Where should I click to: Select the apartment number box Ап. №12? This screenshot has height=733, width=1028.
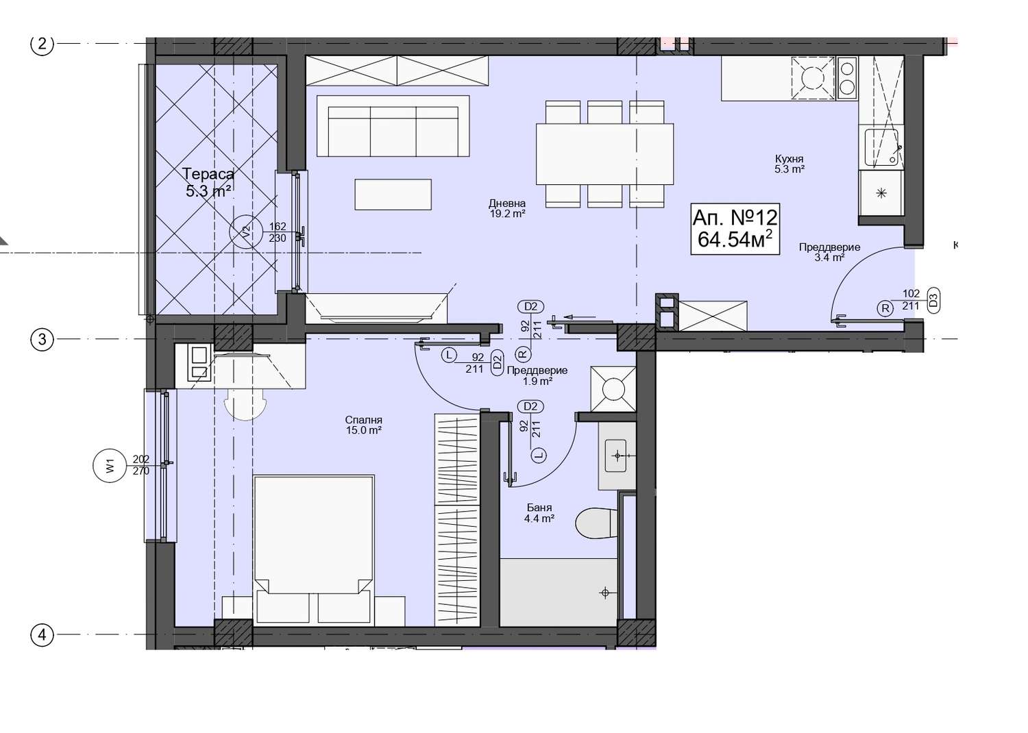[x=735, y=229]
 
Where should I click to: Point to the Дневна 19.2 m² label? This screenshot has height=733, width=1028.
[x=507, y=208]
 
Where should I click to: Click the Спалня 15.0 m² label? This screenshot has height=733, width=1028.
[x=363, y=425]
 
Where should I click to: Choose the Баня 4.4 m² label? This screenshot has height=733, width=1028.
[x=539, y=513]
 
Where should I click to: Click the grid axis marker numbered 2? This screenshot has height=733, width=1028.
[x=42, y=44]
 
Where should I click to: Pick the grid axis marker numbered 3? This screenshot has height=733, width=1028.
[x=42, y=339]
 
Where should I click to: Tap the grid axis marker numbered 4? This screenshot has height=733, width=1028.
[x=42, y=635]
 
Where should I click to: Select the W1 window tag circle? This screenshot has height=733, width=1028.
[x=109, y=466]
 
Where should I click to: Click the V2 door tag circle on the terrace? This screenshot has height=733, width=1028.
[x=247, y=232]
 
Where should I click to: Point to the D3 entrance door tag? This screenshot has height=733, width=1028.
[x=933, y=301]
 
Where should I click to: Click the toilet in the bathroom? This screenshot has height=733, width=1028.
[x=596, y=523]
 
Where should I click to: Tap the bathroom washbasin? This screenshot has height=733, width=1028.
[x=616, y=456]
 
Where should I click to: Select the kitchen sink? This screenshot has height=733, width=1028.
[x=881, y=147]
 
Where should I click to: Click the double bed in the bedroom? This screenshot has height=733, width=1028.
[x=313, y=550]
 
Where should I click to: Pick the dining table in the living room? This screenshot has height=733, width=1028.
[x=605, y=153]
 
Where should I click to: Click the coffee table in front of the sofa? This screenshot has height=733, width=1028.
[x=393, y=195]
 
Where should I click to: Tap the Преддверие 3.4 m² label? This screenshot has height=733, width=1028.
[x=829, y=252]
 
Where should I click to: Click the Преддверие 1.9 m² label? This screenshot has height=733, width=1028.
[x=537, y=375]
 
